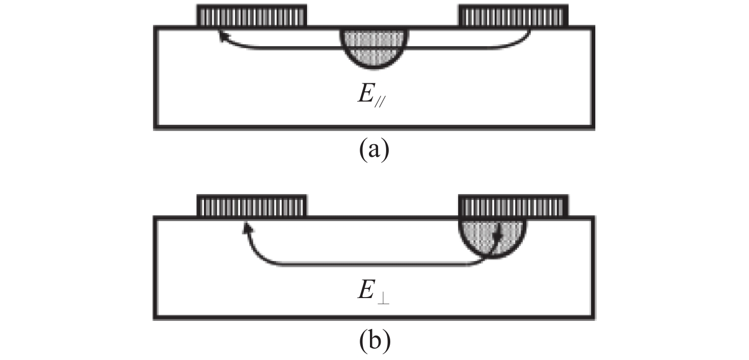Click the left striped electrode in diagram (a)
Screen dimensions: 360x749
click(252, 15)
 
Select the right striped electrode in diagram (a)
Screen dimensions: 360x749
click(513, 15)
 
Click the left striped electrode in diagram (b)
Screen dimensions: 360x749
click(252, 206)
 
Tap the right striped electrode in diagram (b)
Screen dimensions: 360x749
click(513, 206)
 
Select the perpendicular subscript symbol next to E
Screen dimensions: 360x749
click(383, 300)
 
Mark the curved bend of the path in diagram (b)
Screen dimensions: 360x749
click(259, 256)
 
